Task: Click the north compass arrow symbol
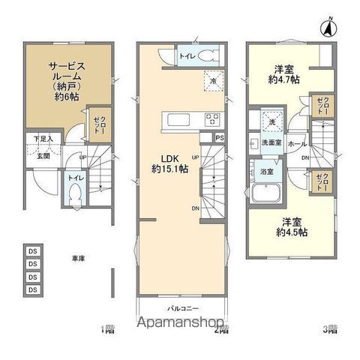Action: (x=328, y=29)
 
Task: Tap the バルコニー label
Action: (x=180, y=308)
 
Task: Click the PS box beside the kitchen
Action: (x=218, y=137)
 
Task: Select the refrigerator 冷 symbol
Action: (x=213, y=81)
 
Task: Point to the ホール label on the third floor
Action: (x=295, y=143)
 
